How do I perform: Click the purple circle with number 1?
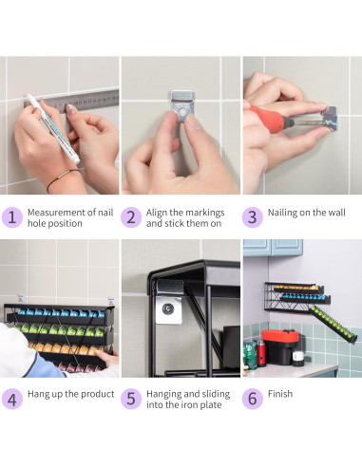12,217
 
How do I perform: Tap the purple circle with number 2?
131,217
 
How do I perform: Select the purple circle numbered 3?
253,217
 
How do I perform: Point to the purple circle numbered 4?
12,399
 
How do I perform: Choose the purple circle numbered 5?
131,399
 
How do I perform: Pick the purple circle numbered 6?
253,399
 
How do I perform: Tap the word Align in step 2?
157,213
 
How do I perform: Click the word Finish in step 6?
280,394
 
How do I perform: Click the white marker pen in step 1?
53,129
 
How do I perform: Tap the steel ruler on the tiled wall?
73,101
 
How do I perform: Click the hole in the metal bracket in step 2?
182,112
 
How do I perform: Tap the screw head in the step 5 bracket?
168,308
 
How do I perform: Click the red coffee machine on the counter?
280,347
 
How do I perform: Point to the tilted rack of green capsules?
333,324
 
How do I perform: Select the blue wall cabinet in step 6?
273,248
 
